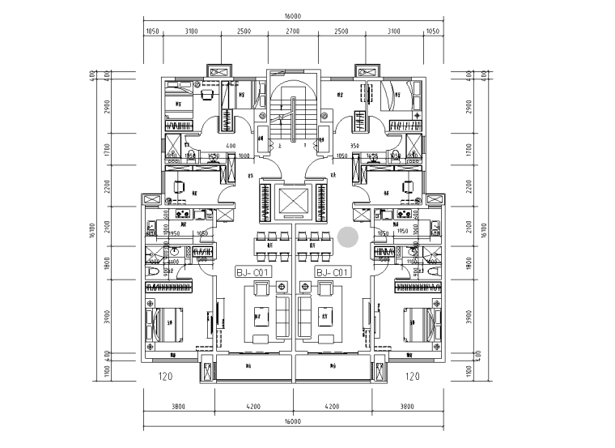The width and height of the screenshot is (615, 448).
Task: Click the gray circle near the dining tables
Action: click(x=348, y=237)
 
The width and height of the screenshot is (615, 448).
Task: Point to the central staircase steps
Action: click(x=283, y=122)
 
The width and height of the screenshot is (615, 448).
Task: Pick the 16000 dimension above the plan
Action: click(x=292, y=16)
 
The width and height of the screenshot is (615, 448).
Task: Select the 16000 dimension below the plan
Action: click(x=292, y=421)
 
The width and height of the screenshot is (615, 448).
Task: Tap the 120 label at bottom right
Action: click(x=413, y=377)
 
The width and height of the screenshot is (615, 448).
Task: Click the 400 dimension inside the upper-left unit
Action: click(x=231, y=147)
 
